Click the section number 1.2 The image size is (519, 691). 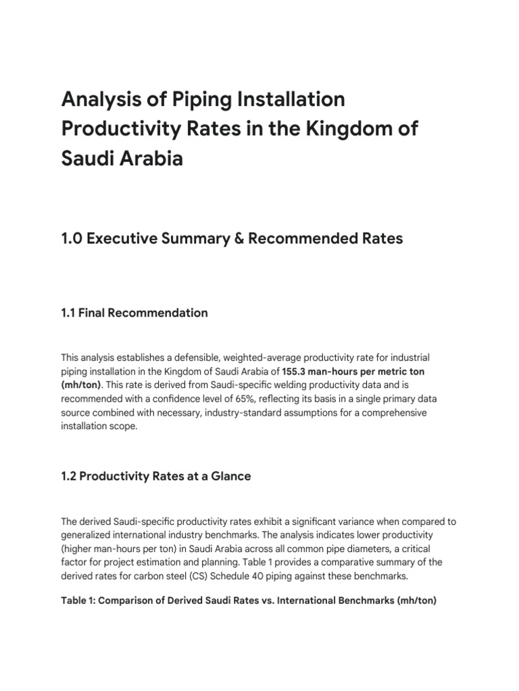(x=70, y=476)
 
